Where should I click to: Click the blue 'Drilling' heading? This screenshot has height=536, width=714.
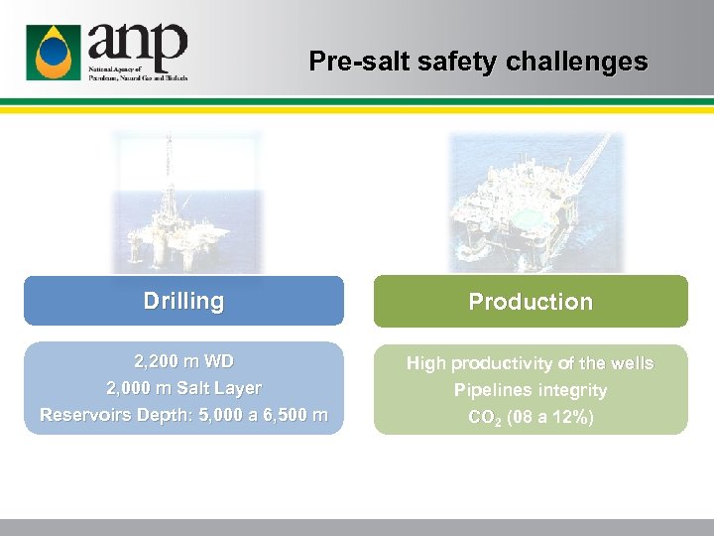pyautogui.click(x=183, y=301)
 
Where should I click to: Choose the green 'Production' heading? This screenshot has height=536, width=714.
pyautogui.click(x=530, y=302)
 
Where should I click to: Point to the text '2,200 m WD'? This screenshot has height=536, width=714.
pyautogui.click(x=183, y=360)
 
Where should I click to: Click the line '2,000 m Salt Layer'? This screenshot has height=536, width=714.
pyautogui.click(x=183, y=388)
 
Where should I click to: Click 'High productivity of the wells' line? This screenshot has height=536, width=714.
pyautogui.click(x=530, y=363)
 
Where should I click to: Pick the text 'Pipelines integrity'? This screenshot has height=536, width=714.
pyautogui.click(x=530, y=390)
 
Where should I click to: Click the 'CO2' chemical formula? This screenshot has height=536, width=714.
pyautogui.click(x=484, y=418)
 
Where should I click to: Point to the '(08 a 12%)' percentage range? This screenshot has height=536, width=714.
pyautogui.click(x=550, y=418)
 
